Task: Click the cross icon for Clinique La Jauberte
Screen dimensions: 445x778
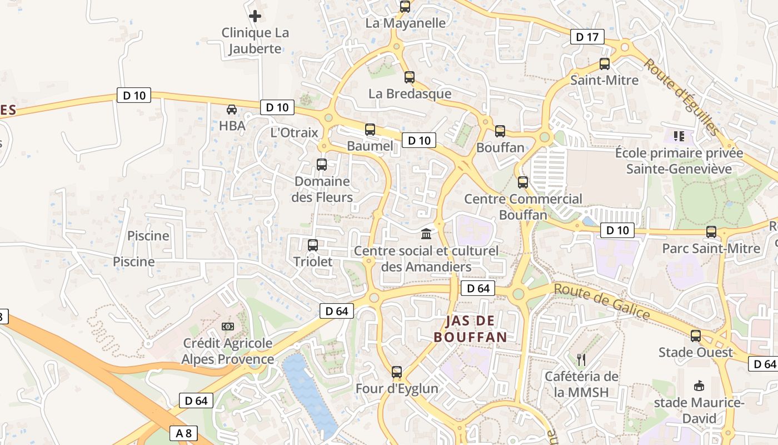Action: point(255,16)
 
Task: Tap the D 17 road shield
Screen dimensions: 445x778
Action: point(587,37)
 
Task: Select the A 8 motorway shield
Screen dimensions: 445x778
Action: point(183,433)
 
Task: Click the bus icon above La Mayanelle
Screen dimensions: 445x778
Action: point(405,7)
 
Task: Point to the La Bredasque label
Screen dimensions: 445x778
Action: point(410,93)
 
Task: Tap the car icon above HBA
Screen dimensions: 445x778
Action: point(232,109)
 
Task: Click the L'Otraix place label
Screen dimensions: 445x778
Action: point(294,132)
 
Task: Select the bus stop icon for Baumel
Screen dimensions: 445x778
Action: point(370,130)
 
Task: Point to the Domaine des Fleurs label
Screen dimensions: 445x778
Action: point(322,189)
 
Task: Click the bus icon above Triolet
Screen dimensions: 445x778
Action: point(313,245)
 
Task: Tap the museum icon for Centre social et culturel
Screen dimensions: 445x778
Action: point(426,233)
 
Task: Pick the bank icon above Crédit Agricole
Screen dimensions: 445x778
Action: point(228,326)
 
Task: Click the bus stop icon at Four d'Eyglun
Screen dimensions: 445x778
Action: point(396,372)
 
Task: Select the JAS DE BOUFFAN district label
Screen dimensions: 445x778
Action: point(470,329)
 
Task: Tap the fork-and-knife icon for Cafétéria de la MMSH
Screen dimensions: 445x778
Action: point(581,359)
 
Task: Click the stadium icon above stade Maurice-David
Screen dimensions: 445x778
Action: point(699,385)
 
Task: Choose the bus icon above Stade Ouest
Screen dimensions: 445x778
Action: point(696,336)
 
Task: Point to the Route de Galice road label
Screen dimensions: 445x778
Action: point(602,301)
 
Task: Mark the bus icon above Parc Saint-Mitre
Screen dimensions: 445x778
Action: point(711,232)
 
